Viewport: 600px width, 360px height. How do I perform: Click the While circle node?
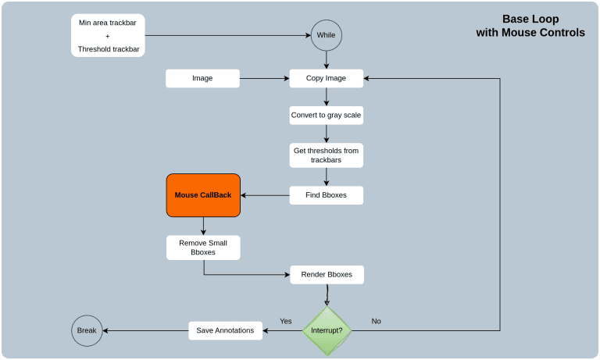pos(327,35)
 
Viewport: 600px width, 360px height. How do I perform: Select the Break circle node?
pos(87,330)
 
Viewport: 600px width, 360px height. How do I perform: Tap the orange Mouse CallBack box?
pos(203,195)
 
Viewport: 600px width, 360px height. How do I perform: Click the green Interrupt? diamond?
pos(327,330)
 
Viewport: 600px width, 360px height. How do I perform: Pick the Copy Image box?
pos(327,78)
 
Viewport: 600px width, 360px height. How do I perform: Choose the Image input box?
pos(202,78)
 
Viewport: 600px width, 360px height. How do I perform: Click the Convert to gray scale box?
pos(327,116)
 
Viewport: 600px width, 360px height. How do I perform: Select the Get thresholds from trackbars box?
pos(327,155)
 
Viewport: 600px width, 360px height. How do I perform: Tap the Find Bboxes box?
pos(327,195)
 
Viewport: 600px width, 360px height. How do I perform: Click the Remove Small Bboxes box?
pos(203,248)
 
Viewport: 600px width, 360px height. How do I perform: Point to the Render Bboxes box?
pos(327,274)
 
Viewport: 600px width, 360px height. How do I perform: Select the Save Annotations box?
pos(225,330)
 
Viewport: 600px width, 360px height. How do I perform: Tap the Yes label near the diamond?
pos(286,321)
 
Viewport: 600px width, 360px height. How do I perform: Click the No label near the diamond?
pos(376,321)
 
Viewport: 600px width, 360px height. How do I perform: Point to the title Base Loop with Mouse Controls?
pos(530,26)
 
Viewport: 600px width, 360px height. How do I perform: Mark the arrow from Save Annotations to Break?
pos(145,330)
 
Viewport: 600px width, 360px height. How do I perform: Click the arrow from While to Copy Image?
pos(327,59)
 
